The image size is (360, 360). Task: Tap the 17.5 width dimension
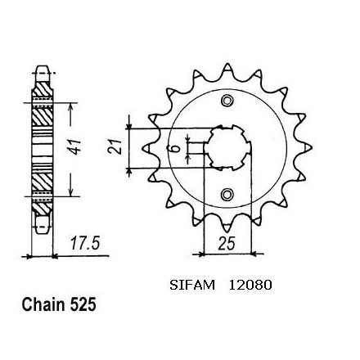(x=85, y=244)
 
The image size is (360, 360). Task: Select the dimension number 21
(x=115, y=146)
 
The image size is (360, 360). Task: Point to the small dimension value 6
(x=177, y=149)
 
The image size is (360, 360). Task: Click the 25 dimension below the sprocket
(x=227, y=243)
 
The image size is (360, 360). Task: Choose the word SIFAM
(x=192, y=286)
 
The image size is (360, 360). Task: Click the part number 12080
(x=250, y=286)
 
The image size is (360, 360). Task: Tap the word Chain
(x=44, y=304)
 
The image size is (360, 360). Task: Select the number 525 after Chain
(x=83, y=304)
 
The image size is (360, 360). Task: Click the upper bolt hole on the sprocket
(x=227, y=101)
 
